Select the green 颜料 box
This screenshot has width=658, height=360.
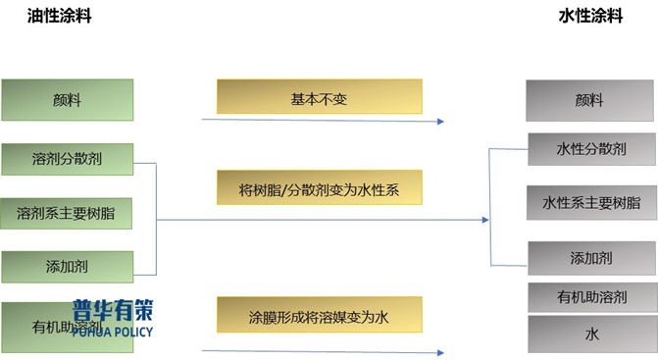[x=67, y=99]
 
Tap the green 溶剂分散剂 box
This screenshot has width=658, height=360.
[x=67, y=156]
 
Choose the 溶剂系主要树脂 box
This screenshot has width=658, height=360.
[x=67, y=211]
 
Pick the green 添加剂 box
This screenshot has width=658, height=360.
[x=67, y=265]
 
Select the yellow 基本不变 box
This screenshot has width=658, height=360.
[x=319, y=99]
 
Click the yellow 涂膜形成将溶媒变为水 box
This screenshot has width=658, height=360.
[x=319, y=317]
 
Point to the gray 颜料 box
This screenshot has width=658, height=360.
[x=590, y=100]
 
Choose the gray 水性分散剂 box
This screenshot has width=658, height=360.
[x=590, y=149]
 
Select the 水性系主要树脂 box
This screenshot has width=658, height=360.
[x=590, y=202]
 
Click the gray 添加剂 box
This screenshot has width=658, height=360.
[x=590, y=258]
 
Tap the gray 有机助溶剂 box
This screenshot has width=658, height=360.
[x=590, y=296]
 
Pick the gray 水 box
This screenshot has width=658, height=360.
[x=590, y=334]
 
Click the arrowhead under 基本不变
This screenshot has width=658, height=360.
[x=441, y=122]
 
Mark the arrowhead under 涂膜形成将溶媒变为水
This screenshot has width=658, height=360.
[x=441, y=352]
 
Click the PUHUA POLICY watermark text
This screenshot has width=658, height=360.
[x=112, y=330]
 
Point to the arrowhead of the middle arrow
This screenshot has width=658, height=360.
[x=484, y=220]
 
